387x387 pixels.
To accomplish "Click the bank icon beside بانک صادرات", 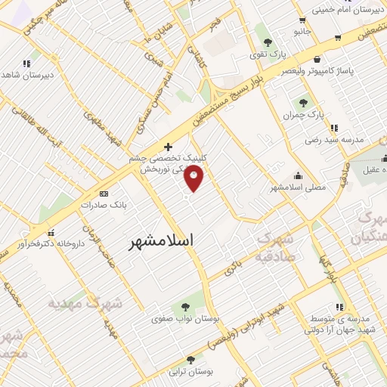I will pyautogui.click(x=104, y=193).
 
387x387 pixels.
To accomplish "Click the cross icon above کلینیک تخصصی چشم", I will pyautogui.click(x=168, y=145).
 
